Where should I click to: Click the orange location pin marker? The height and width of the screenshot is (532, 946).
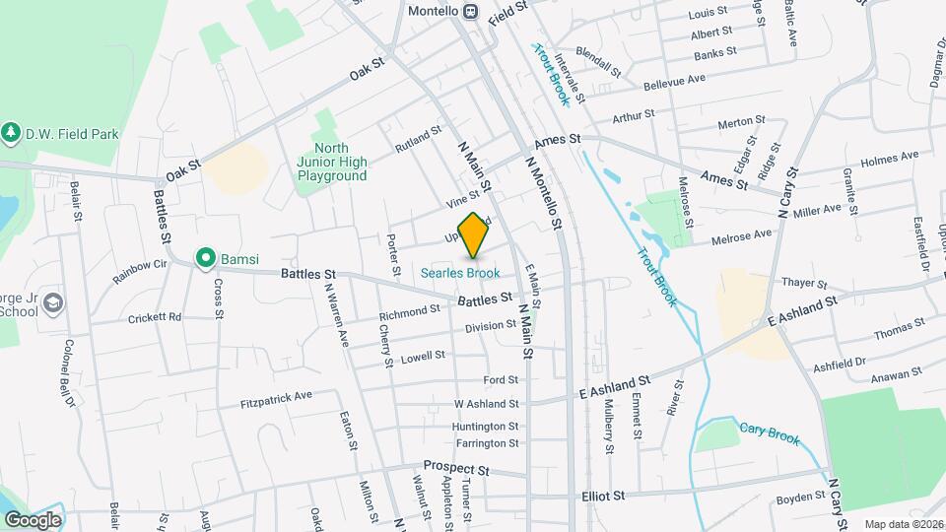(x=474, y=234)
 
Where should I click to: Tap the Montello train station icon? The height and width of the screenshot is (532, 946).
(x=471, y=11)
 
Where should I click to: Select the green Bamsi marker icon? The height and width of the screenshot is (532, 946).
(x=205, y=258)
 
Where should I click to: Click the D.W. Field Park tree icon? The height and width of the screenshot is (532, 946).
(x=11, y=131)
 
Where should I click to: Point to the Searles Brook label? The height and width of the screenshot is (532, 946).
(x=460, y=273)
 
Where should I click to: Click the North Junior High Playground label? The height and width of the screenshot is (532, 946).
(x=332, y=162)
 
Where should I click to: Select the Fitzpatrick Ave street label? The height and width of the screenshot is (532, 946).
(x=276, y=400)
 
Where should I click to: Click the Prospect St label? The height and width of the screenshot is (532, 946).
(x=456, y=466)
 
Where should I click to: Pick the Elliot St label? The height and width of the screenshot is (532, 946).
(x=604, y=496)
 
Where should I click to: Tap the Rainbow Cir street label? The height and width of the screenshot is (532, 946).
(x=140, y=272)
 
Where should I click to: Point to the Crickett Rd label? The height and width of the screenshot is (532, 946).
(x=155, y=317)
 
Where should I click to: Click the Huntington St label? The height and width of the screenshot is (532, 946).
(x=486, y=427)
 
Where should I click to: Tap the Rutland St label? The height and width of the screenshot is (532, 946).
(x=418, y=139)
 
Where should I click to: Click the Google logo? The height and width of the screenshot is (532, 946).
(x=32, y=519)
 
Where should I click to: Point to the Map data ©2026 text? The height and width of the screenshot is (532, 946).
(x=904, y=524)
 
